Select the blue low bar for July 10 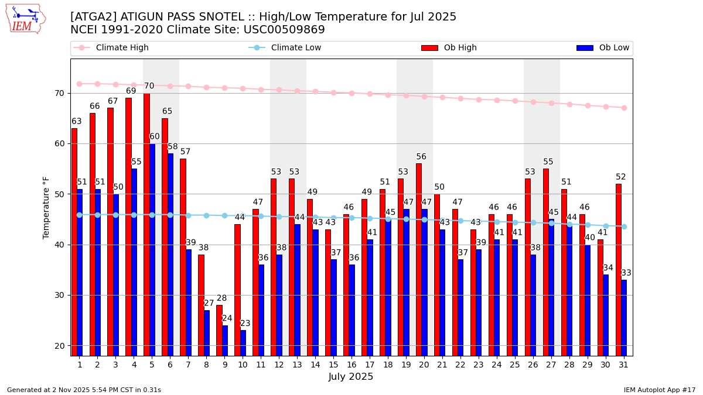(x=243, y=343)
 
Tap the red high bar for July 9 (x=219, y=330)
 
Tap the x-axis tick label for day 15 (x=333, y=365)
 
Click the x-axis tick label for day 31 (x=623, y=365)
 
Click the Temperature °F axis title (x=46, y=207)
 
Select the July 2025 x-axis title (x=351, y=377)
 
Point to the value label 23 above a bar (x=245, y=324)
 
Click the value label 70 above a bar (x=149, y=86)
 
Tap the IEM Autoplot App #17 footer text (x=660, y=390)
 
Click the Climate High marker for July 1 (x=79, y=84)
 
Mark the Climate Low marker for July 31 (x=624, y=226)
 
